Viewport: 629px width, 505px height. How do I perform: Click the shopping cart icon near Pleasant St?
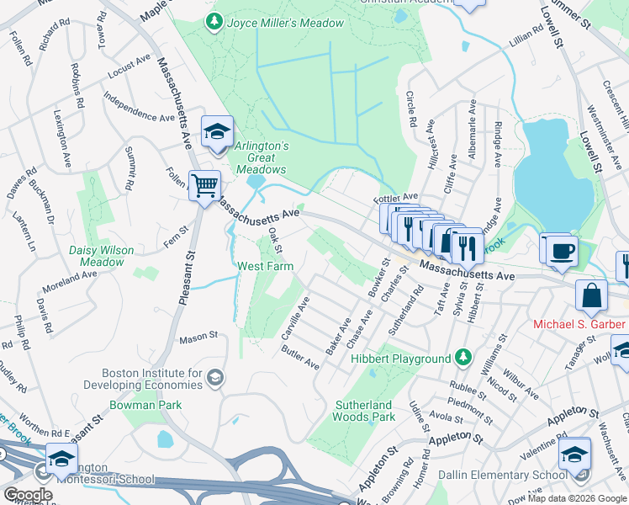click(204, 184)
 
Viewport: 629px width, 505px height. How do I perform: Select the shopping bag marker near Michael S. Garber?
click(592, 295)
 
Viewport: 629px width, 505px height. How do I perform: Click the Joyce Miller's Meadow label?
click(286, 23)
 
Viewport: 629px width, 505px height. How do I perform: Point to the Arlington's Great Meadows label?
click(261, 157)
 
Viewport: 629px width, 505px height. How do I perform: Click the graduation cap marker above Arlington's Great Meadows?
click(216, 131)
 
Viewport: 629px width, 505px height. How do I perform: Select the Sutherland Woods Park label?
click(365, 411)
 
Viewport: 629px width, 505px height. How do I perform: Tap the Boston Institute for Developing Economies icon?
click(215, 375)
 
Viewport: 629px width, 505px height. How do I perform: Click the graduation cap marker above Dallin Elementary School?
click(575, 454)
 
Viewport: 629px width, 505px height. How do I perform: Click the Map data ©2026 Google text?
click(577, 498)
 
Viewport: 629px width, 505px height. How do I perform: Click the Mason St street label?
click(198, 337)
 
